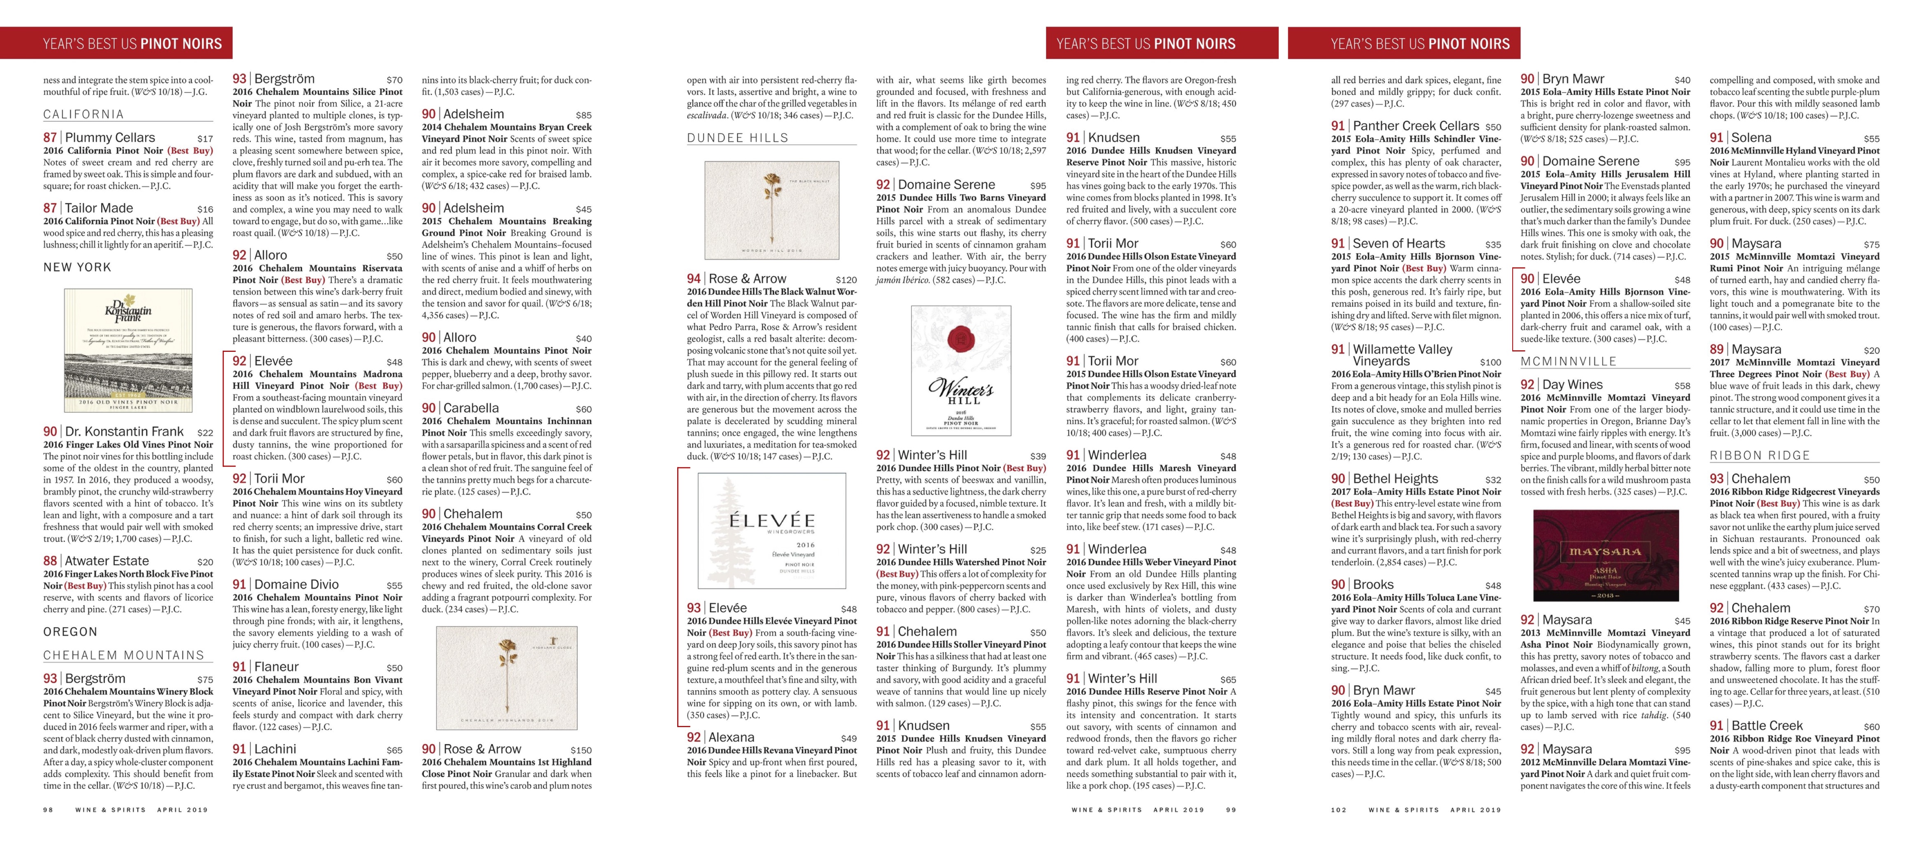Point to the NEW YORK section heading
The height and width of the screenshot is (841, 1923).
pyautogui.click(x=77, y=267)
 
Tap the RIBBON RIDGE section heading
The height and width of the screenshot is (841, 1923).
pyautogui.click(x=1759, y=455)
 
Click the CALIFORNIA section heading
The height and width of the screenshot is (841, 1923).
pyautogui.click(x=83, y=114)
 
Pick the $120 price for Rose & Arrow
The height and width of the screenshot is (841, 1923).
pyautogui.click(x=846, y=280)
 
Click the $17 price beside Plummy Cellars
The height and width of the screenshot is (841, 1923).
pyautogui.click(x=204, y=139)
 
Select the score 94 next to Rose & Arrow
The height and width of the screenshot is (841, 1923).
pyautogui.click(x=694, y=278)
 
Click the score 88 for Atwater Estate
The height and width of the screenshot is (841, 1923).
pyautogui.click(x=50, y=560)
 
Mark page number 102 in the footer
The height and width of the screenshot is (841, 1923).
pyautogui.click(x=1338, y=810)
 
